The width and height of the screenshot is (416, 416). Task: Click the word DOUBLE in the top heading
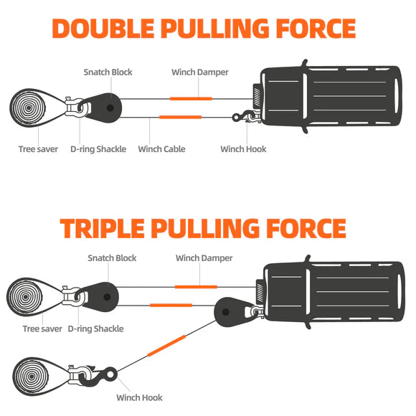(103, 29)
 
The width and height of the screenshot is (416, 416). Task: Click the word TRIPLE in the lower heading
(102, 228)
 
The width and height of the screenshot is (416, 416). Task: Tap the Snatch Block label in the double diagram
(108, 72)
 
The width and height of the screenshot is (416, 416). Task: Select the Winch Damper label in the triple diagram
(204, 258)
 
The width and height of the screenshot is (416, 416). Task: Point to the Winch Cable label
(161, 149)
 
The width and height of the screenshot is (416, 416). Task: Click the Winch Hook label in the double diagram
(243, 149)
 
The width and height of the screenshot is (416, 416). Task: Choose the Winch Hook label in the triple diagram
(139, 397)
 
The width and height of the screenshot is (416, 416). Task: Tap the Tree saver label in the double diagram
(38, 149)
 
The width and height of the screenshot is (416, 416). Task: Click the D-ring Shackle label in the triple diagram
(95, 329)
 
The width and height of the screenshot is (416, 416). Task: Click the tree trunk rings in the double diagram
(28, 108)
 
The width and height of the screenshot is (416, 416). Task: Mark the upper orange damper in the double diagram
(191, 99)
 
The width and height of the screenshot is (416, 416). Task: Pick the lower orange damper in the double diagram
(181, 117)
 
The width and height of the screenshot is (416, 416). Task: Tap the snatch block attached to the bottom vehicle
(231, 312)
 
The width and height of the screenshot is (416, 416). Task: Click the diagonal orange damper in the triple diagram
(166, 346)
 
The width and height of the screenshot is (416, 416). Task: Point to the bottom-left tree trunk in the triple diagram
(32, 377)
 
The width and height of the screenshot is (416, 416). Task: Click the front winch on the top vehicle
(257, 97)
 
